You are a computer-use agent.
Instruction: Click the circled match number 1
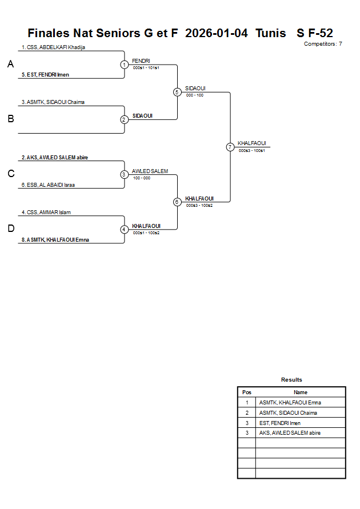[124, 65]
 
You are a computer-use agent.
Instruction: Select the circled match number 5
[177, 92]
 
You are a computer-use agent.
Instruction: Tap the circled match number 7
[230, 147]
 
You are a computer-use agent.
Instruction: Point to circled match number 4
[124, 230]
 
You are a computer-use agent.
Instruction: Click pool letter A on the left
[10, 65]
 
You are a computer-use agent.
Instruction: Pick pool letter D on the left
[10, 229]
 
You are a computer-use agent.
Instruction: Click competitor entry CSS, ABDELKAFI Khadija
[53, 47]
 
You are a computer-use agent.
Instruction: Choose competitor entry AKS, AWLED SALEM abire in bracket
[54, 158]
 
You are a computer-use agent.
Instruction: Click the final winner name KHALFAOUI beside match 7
[252, 143]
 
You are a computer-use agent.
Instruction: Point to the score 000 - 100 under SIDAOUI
[194, 95]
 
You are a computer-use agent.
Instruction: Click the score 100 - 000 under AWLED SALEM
[141, 178]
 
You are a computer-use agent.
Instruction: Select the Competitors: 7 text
[323, 44]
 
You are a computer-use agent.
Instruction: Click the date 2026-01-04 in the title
[217, 33]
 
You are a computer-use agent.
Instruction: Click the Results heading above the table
[291, 380]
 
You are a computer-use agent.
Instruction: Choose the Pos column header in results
[247, 392]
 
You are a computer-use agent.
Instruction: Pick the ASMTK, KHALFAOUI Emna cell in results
[290, 403]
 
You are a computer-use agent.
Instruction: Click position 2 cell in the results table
[247, 413]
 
